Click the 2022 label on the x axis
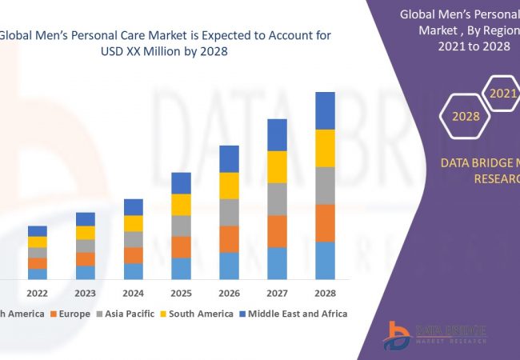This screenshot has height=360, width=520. coord(38,292)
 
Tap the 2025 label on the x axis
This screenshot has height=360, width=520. coord(181,292)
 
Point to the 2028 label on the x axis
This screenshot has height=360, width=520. coord(324,292)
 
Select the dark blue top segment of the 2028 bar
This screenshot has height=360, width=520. coord(324,110)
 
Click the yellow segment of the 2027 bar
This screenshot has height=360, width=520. coord(277,166)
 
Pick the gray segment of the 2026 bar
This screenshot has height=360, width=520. coord(229,212)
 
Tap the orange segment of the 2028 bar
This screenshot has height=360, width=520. coord(324,222)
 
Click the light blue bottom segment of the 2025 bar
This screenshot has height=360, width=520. coord(181,268)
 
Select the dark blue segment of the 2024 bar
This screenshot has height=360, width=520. coord(134,207)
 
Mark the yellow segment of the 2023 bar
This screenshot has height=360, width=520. coord(86,233)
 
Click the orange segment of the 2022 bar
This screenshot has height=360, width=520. coord(38,263)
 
